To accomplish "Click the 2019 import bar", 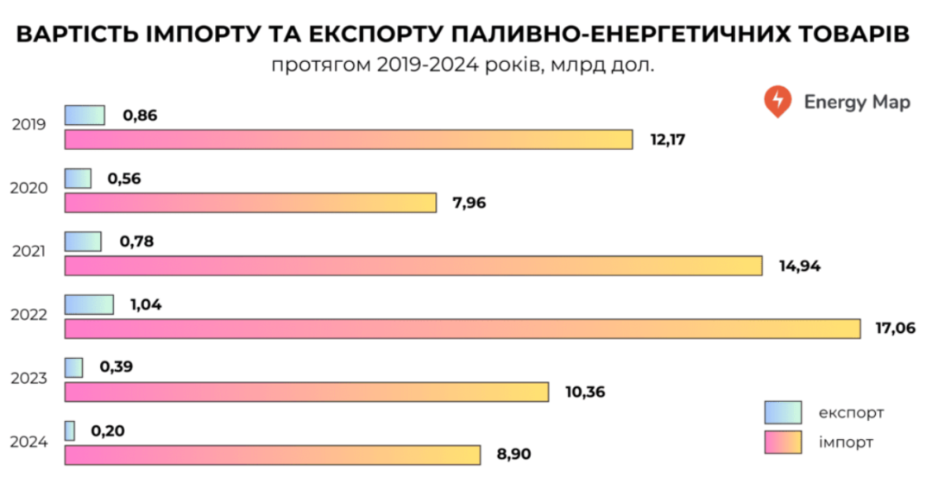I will click(349, 139).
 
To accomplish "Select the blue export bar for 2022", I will click(89, 304).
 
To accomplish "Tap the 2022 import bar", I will click(463, 329).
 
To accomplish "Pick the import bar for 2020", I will click(250, 203).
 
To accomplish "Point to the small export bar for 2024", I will click(70, 430).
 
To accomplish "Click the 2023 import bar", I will click(306, 392).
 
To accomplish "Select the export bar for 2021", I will click(83, 241).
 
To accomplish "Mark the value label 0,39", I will click(116, 367).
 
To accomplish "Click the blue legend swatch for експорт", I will click(783, 412).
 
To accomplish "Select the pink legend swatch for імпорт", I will click(783, 442).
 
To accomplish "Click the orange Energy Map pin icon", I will click(777, 101).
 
